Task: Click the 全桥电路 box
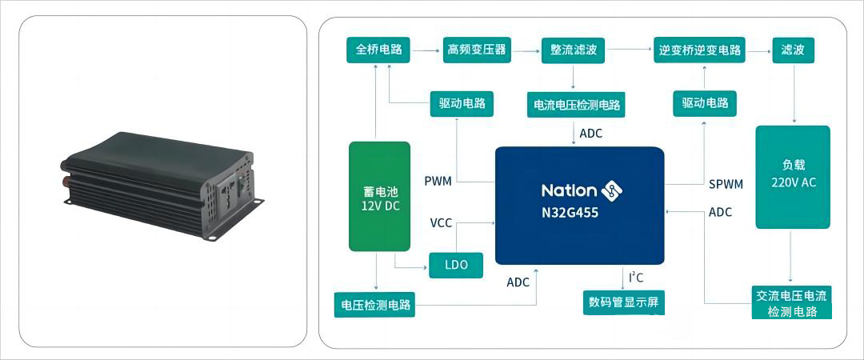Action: click(379, 50)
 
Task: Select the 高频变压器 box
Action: click(477, 50)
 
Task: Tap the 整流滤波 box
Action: click(574, 50)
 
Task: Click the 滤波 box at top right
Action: click(793, 50)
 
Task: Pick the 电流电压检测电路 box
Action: click(575, 104)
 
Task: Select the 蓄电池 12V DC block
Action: click(380, 196)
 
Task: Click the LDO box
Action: click(457, 265)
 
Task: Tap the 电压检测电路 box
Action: click(375, 305)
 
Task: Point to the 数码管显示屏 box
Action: click(624, 302)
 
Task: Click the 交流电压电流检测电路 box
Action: click(792, 303)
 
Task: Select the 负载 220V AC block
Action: click(792, 177)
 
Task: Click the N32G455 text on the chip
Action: click(570, 214)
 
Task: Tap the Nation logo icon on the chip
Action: click(612, 190)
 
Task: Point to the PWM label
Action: click(438, 181)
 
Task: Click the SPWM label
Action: click(726, 184)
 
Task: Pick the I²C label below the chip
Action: click(635, 278)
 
